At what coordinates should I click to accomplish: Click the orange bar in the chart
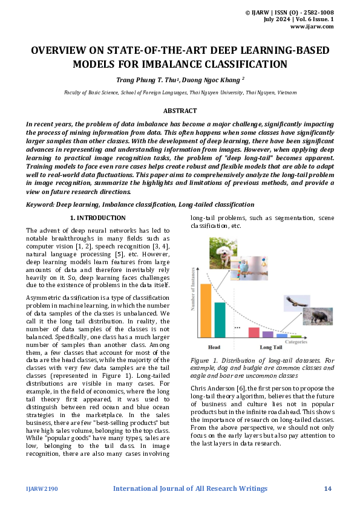pos(206,310)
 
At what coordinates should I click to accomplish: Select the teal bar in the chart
pos(220,319)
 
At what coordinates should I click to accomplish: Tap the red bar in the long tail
pos(254,332)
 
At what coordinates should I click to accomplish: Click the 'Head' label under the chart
pos(214,347)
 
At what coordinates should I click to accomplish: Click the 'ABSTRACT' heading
pos(180,111)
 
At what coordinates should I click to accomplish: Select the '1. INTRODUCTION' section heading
pos(98,218)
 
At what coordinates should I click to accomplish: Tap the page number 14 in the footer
pos(328,488)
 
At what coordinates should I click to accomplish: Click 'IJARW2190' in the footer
pos(42,488)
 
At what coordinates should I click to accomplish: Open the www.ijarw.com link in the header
pos(312,27)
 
